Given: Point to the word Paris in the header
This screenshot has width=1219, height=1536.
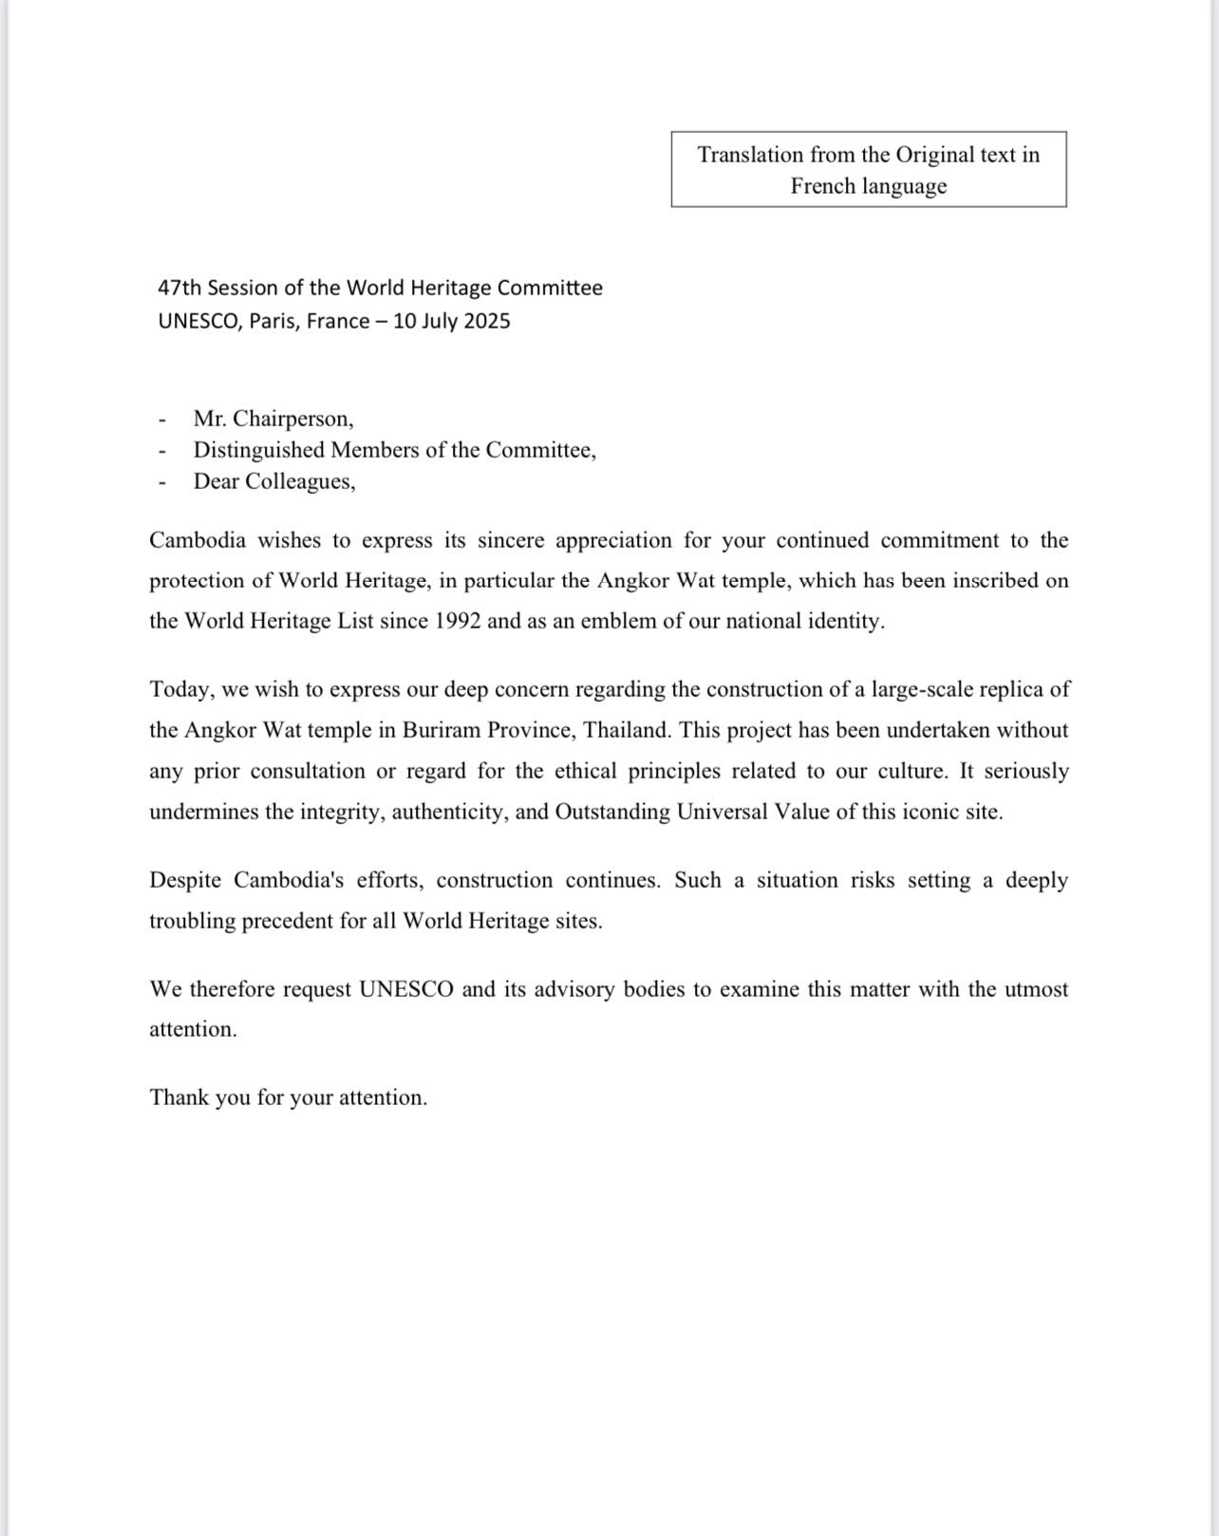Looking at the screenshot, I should coord(274,321).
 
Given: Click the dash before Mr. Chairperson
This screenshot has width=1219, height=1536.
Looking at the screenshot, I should coord(162,420).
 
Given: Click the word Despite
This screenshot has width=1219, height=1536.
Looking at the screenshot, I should coord(185,880).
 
